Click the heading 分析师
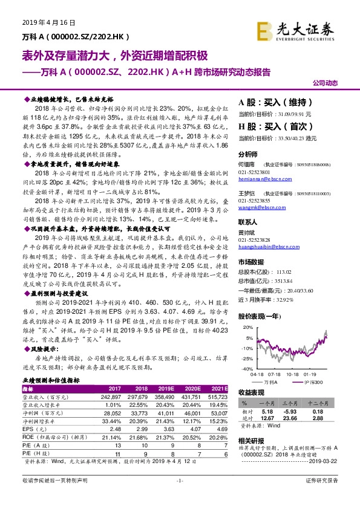248,154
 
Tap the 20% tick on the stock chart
246,327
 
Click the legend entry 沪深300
313,383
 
